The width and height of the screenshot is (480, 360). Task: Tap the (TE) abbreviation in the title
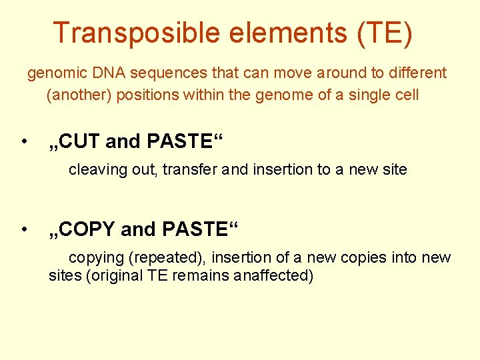tap(385, 33)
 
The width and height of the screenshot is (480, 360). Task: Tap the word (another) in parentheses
tap(80, 95)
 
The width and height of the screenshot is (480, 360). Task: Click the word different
tap(418, 73)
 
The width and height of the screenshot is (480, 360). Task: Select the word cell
tap(406, 95)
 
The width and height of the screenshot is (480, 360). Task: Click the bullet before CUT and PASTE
tap(23, 141)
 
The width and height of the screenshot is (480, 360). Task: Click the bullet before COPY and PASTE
tap(23, 229)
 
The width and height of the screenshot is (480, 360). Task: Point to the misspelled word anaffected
tap(273, 275)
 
